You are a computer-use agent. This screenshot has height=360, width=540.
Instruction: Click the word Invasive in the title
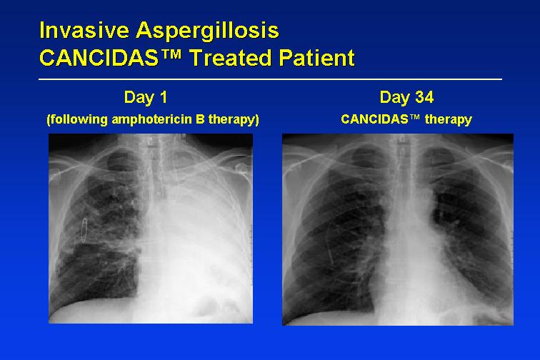click(x=84, y=30)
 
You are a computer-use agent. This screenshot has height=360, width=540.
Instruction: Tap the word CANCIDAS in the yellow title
click(x=99, y=58)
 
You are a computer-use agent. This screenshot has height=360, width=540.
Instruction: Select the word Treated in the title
click(x=231, y=58)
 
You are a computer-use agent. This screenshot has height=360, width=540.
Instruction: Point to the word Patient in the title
click(x=317, y=58)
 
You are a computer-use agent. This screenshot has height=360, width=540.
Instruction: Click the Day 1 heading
click(x=146, y=97)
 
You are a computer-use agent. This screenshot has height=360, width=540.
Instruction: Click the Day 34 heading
click(x=406, y=97)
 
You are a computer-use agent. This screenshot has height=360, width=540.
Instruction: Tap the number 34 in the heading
click(x=424, y=97)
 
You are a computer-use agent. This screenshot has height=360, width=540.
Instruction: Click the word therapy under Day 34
click(x=448, y=119)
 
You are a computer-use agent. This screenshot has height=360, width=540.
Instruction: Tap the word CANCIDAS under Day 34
click(x=374, y=119)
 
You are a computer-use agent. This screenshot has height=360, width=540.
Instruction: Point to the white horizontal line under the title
click(x=270, y=79)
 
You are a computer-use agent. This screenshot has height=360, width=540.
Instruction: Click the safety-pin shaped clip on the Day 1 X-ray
click(x=84, y=229)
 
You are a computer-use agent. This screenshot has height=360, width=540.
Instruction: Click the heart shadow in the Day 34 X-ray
click(x=414, y=262)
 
